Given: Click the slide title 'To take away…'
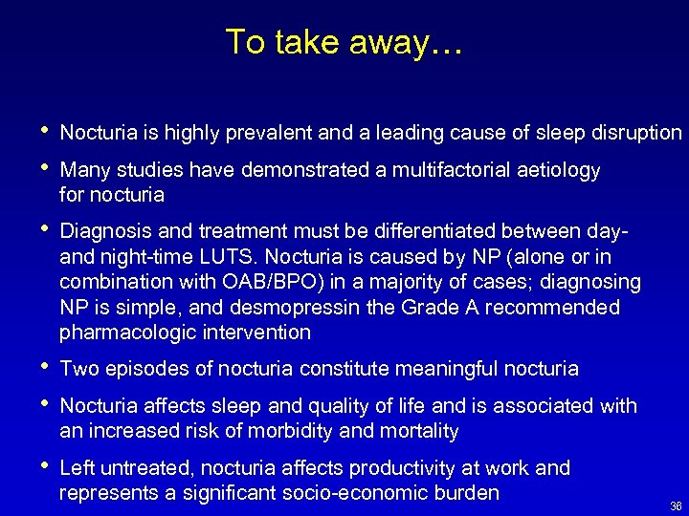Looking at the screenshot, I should [344, 42].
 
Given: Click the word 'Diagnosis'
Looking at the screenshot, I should [101, 232].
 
